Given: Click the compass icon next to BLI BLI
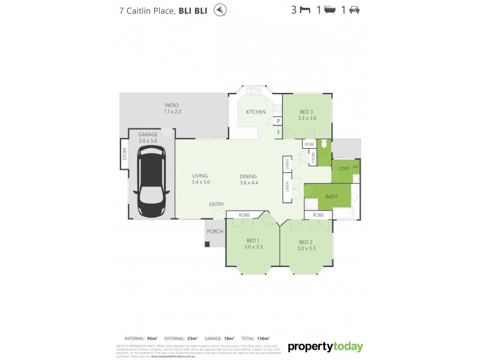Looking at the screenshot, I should point(221,10).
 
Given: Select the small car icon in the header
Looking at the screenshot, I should point(355,10).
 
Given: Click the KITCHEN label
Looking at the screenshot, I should point(256,112).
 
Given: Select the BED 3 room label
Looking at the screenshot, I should point(306,112).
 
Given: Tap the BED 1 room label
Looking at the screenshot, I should point(253,242).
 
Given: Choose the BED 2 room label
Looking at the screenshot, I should point(306,242).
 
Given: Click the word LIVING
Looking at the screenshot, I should point(199,176).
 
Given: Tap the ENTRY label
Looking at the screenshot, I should point(216,205).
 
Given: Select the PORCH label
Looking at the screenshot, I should point(214,232).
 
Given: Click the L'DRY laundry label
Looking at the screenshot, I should point(344,169).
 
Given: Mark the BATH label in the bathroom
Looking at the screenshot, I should point(331,196).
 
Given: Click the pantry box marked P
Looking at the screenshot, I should point(278,121).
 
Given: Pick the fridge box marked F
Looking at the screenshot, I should point(278,132).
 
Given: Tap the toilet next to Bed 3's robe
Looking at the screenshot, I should point(323,145).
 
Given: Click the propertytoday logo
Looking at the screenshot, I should point(325,346).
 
